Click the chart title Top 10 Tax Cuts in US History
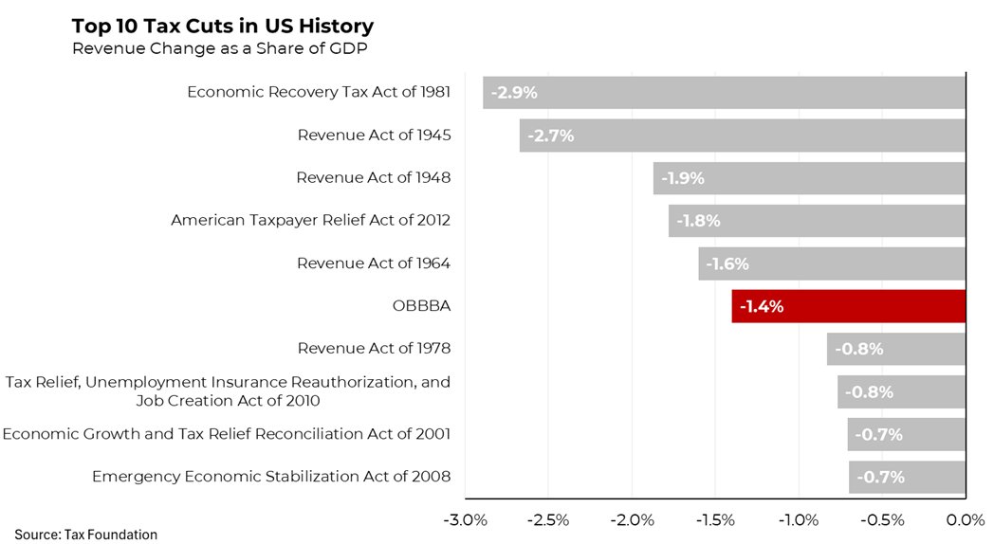[x=223, y=27]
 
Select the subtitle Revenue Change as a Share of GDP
[x=220, y=49]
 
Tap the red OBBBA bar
[x=848, y=306]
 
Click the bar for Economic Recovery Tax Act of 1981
[x=724, y=93]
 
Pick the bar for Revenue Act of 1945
[x=742, y=136]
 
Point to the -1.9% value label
[x=682, y=178]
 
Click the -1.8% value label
[x=698, y=221]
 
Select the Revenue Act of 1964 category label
[x=374, y=263]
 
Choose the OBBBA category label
[x=421, y=306]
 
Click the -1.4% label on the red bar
[x=762, y=306]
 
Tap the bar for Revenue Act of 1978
[x=895, y=349]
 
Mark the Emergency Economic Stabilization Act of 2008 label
[x=271, y=476]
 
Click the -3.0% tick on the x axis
[x=465, y=519]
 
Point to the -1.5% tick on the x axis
[x=715, y=519]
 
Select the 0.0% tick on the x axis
[x=966, y=519]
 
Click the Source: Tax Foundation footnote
[x=85, y=535]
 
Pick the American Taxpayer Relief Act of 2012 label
[x=311, y=221]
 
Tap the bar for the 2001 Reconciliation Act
[x=906, y=434]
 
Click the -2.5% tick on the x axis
[x=548, y=519]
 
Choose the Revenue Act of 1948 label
[x=374, y=178]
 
